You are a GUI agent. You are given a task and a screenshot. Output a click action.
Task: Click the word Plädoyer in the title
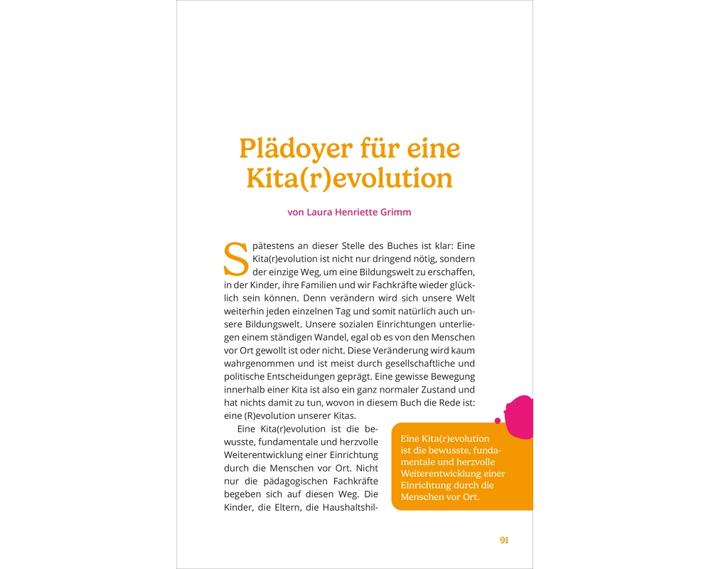(x=295, y=150)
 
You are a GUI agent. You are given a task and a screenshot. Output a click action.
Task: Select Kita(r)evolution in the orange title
(x=349, y=178)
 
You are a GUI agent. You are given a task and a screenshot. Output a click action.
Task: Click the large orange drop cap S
(x=235, y=260)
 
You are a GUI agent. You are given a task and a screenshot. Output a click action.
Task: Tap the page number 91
(x=504, y=540)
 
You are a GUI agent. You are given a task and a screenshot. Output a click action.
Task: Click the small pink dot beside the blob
(x=498, y=420)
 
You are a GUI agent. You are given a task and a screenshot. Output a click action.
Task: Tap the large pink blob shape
(x=520, y=413)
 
